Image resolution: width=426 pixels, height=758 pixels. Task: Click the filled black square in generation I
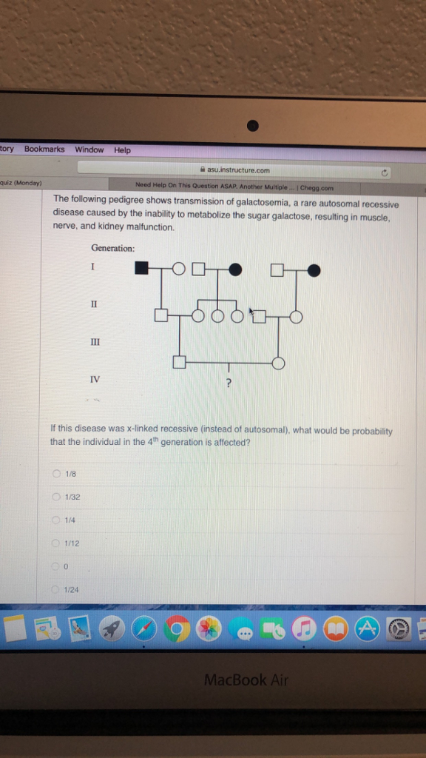pyautogui.click(x=142, y=269)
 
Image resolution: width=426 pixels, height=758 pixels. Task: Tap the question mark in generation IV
pyautogui.click(x=229, y=383)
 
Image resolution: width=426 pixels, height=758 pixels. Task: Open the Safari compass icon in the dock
pyautogui.click(x=144, y=629)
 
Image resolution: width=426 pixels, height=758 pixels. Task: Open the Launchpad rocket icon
pyautogui.click(x=112, y=629)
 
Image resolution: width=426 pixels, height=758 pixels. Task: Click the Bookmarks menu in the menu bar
pyautogui.click(x=44, y=150)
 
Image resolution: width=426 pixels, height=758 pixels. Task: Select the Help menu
pyautogui.click(x=122, y=150)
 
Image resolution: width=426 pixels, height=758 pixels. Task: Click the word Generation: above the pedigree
pyautogui.click(x=112, y=248)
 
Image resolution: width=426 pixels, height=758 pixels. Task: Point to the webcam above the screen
pyautogui.click(x=253, y=125)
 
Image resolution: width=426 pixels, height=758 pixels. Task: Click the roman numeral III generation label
pyautogui.click(x=94, y=342)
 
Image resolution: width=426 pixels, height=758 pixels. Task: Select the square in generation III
pyautogui.click(x=178, y=363)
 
